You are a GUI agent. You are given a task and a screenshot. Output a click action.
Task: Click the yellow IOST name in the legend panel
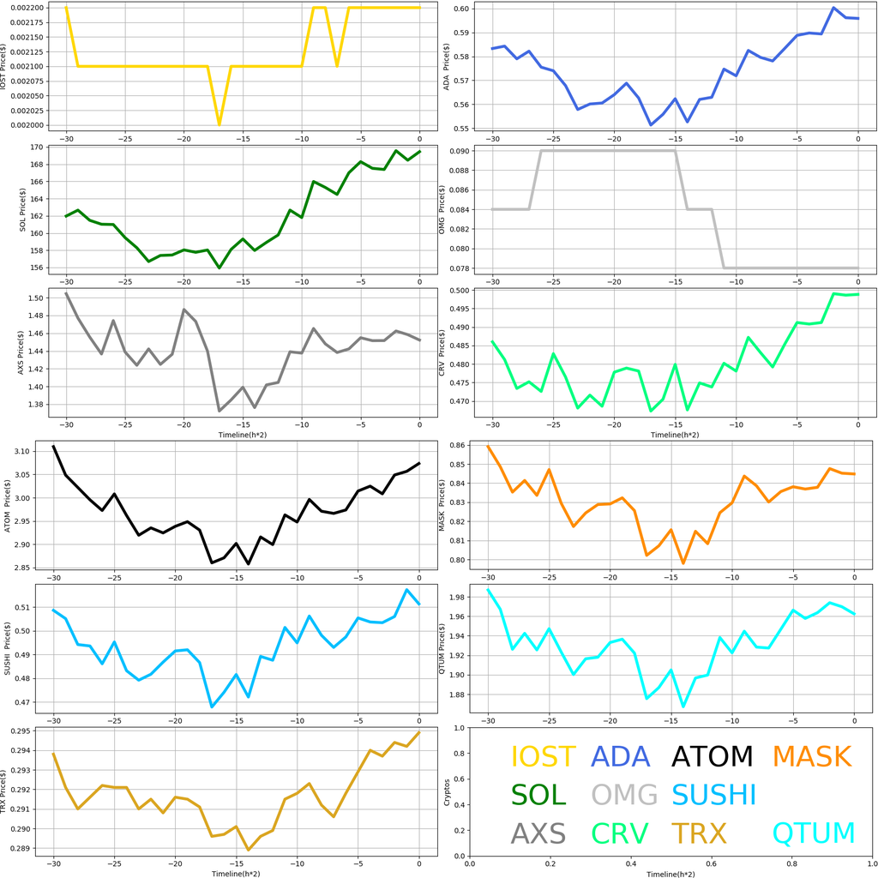[x=543, y=756]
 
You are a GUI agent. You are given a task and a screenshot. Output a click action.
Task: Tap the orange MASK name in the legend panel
[x=811, y=756]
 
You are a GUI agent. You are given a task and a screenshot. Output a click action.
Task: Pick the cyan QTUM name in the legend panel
[x=814, y=833]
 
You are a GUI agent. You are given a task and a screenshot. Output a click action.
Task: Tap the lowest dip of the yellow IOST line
[x=219, y=124]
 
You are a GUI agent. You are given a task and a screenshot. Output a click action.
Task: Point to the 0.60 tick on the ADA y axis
[x=460, y=9]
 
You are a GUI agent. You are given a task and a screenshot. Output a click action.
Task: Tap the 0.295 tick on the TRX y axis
[x=31, y=731]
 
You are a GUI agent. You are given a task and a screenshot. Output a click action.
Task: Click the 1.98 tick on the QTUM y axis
[x=460, y=598]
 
